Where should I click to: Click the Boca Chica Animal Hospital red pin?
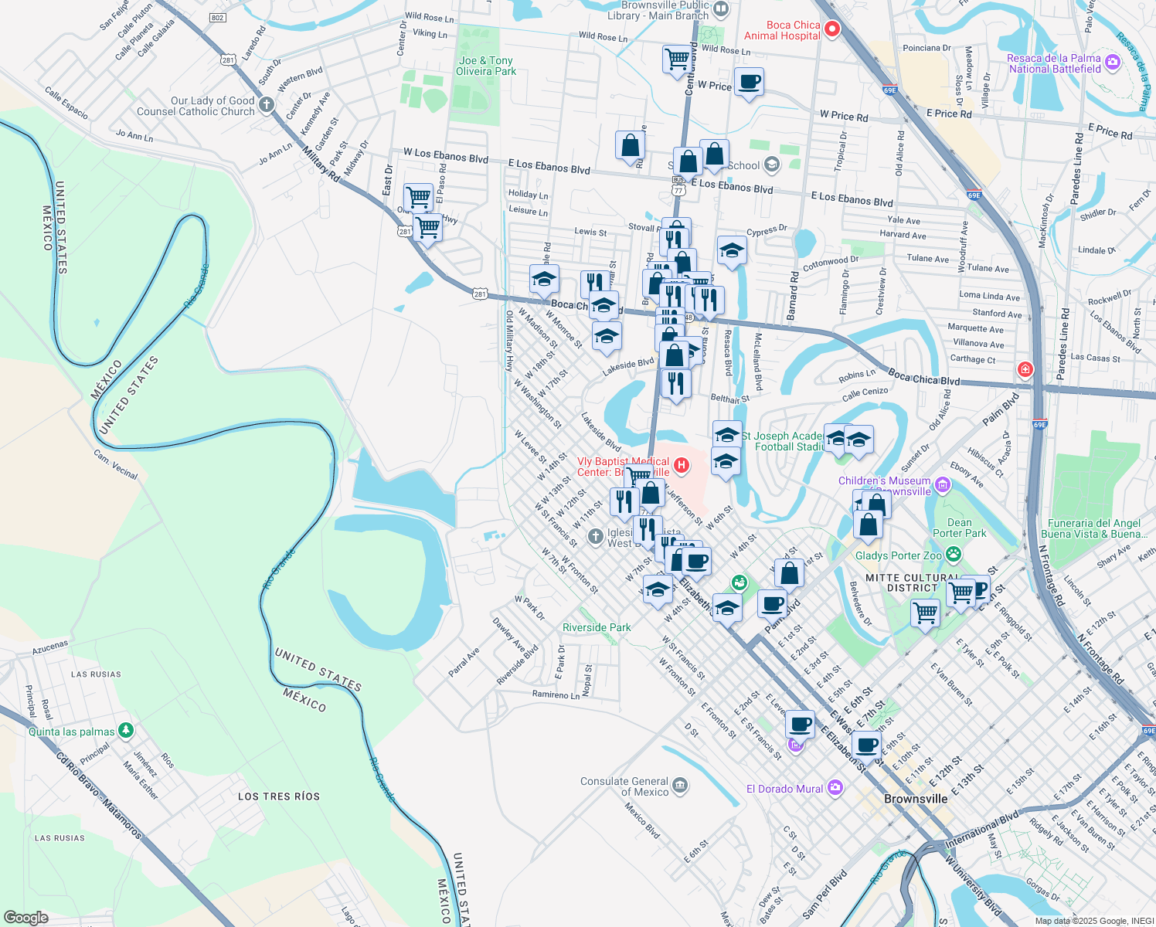coord(832,30)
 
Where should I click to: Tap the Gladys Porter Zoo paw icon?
coord(954,554)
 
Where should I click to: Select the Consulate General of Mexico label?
coord(624,786)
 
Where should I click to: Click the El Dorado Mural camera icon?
coord(835,788)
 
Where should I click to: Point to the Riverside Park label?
coord(597,627)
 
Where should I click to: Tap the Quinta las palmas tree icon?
coord(126,730)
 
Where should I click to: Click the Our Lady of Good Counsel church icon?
coord(267,104)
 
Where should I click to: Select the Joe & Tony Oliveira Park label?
coord(485,66)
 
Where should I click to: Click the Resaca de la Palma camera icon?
coord(1113,62)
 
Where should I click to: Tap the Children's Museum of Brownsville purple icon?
coord(942,485)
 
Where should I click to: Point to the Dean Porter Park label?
coord(959,528)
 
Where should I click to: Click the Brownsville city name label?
coord(916,799)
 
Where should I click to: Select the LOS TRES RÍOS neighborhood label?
coord(278,796)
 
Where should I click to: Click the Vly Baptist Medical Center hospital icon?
coord(681,464)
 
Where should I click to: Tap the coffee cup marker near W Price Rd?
coord(748,82)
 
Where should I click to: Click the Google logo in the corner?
coord(25,917)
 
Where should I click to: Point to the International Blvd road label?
coord(982,829)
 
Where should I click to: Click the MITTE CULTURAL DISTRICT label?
coord(912,582)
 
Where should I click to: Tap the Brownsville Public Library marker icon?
coord(721,9)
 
